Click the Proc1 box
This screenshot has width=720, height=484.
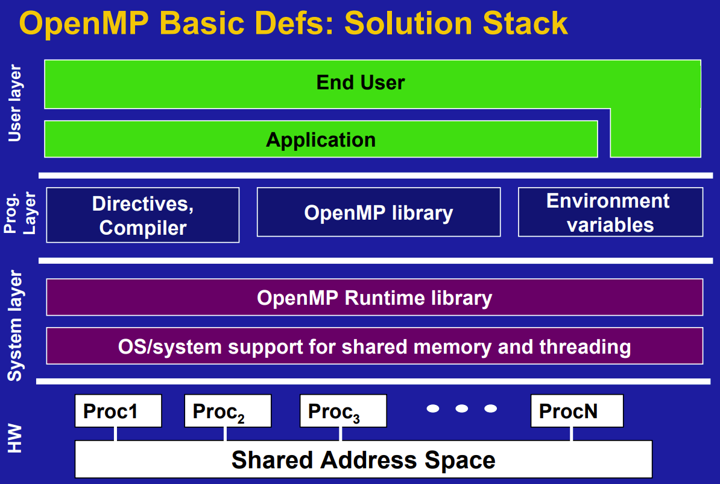(118, 411)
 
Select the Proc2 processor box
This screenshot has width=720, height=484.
(228, 411)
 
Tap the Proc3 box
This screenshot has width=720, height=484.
(344, 411)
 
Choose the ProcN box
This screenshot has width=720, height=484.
(577, 411)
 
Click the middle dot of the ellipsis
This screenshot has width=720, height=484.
(461, 408)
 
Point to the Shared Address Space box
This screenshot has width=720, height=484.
(364, 459)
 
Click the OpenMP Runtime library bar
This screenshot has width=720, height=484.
(374, 298)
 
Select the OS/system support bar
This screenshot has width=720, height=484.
(374, 346)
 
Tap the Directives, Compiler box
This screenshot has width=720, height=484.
(143, 215)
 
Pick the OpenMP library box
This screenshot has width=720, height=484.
(379, 212)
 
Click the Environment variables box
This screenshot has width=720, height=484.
(611, 212)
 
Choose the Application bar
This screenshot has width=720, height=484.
(321, 139)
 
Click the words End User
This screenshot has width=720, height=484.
(361, 83)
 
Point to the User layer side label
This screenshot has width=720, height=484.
(14, 103)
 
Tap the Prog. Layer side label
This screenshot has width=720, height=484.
(20, 213)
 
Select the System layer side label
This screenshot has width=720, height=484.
(14, 326)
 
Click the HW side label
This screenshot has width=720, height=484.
(14, 438)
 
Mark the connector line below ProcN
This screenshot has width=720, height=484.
(571, 434)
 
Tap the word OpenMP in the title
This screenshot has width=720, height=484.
(84, 24)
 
